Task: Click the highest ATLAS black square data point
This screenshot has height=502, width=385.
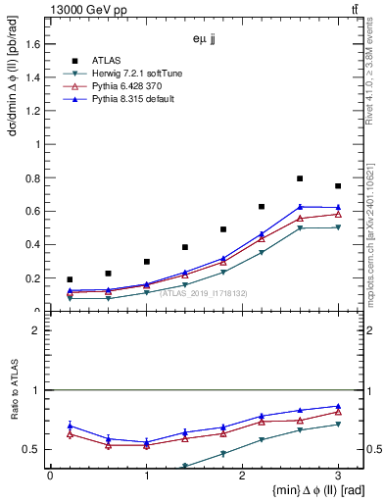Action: click(300, 178)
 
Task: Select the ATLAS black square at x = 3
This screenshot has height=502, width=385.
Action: click(338, 186)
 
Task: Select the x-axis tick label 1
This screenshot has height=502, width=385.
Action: click(146, 477)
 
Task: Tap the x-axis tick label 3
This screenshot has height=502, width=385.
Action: click(338, 477)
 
